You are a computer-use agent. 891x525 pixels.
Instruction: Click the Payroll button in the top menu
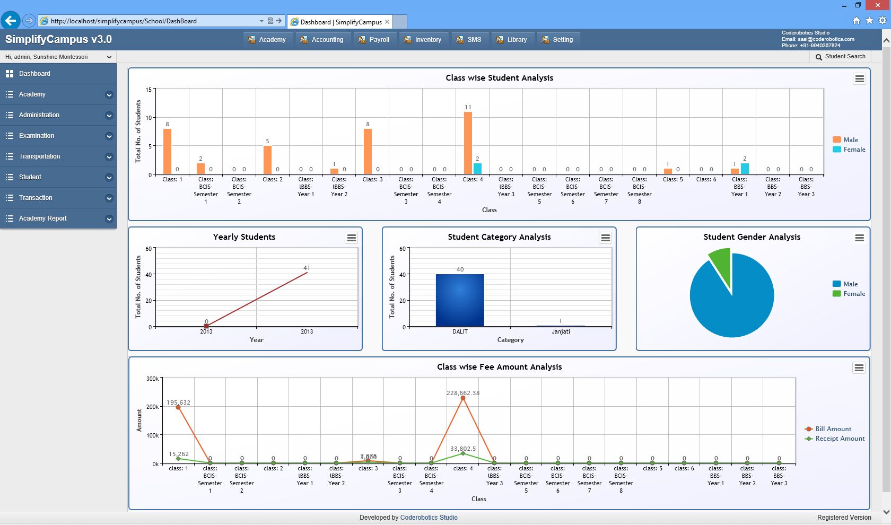tap(374, 40)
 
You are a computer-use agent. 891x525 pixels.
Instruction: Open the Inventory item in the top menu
tap(423, 40)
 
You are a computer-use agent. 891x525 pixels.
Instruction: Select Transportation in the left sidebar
tap(40, 156)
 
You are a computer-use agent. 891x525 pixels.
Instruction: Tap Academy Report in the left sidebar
tap(43, 218)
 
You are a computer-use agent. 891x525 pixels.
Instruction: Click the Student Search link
tap(841, 57)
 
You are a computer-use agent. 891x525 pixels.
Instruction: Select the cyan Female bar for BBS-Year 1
tap(745, 169)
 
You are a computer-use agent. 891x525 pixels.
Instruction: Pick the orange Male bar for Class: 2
tap(267, 160)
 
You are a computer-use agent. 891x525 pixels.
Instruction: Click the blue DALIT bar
tap(460, 300)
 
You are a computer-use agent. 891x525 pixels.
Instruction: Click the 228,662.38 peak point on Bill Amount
tap(463, 398)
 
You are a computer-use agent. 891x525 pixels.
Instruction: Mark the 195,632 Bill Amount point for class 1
tap(178, 407)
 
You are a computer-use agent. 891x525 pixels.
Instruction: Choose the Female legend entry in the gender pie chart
tap(854, 294)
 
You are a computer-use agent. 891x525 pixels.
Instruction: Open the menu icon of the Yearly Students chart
tap(352, 238)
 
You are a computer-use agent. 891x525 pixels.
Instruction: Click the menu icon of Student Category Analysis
tap(605, 238)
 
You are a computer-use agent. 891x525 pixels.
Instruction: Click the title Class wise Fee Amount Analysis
tap(499, 367)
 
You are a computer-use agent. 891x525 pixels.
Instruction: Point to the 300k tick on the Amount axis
tap(152, 379)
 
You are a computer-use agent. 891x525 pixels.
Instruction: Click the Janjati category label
tap(561, 331)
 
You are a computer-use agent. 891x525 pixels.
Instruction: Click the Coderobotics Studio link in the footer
tap(429, 518)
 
